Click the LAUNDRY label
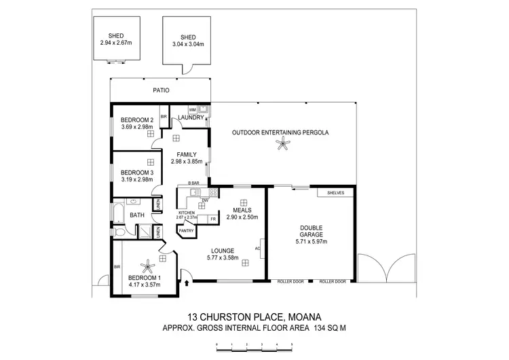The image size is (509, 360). coord(191,118)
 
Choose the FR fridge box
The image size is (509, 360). coord(213,219)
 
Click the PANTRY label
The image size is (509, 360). coord(186,231)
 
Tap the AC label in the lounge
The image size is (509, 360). coord(257,248)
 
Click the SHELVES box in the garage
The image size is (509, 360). coord(336,193)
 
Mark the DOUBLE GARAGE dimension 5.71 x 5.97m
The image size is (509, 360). coord(312,241)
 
